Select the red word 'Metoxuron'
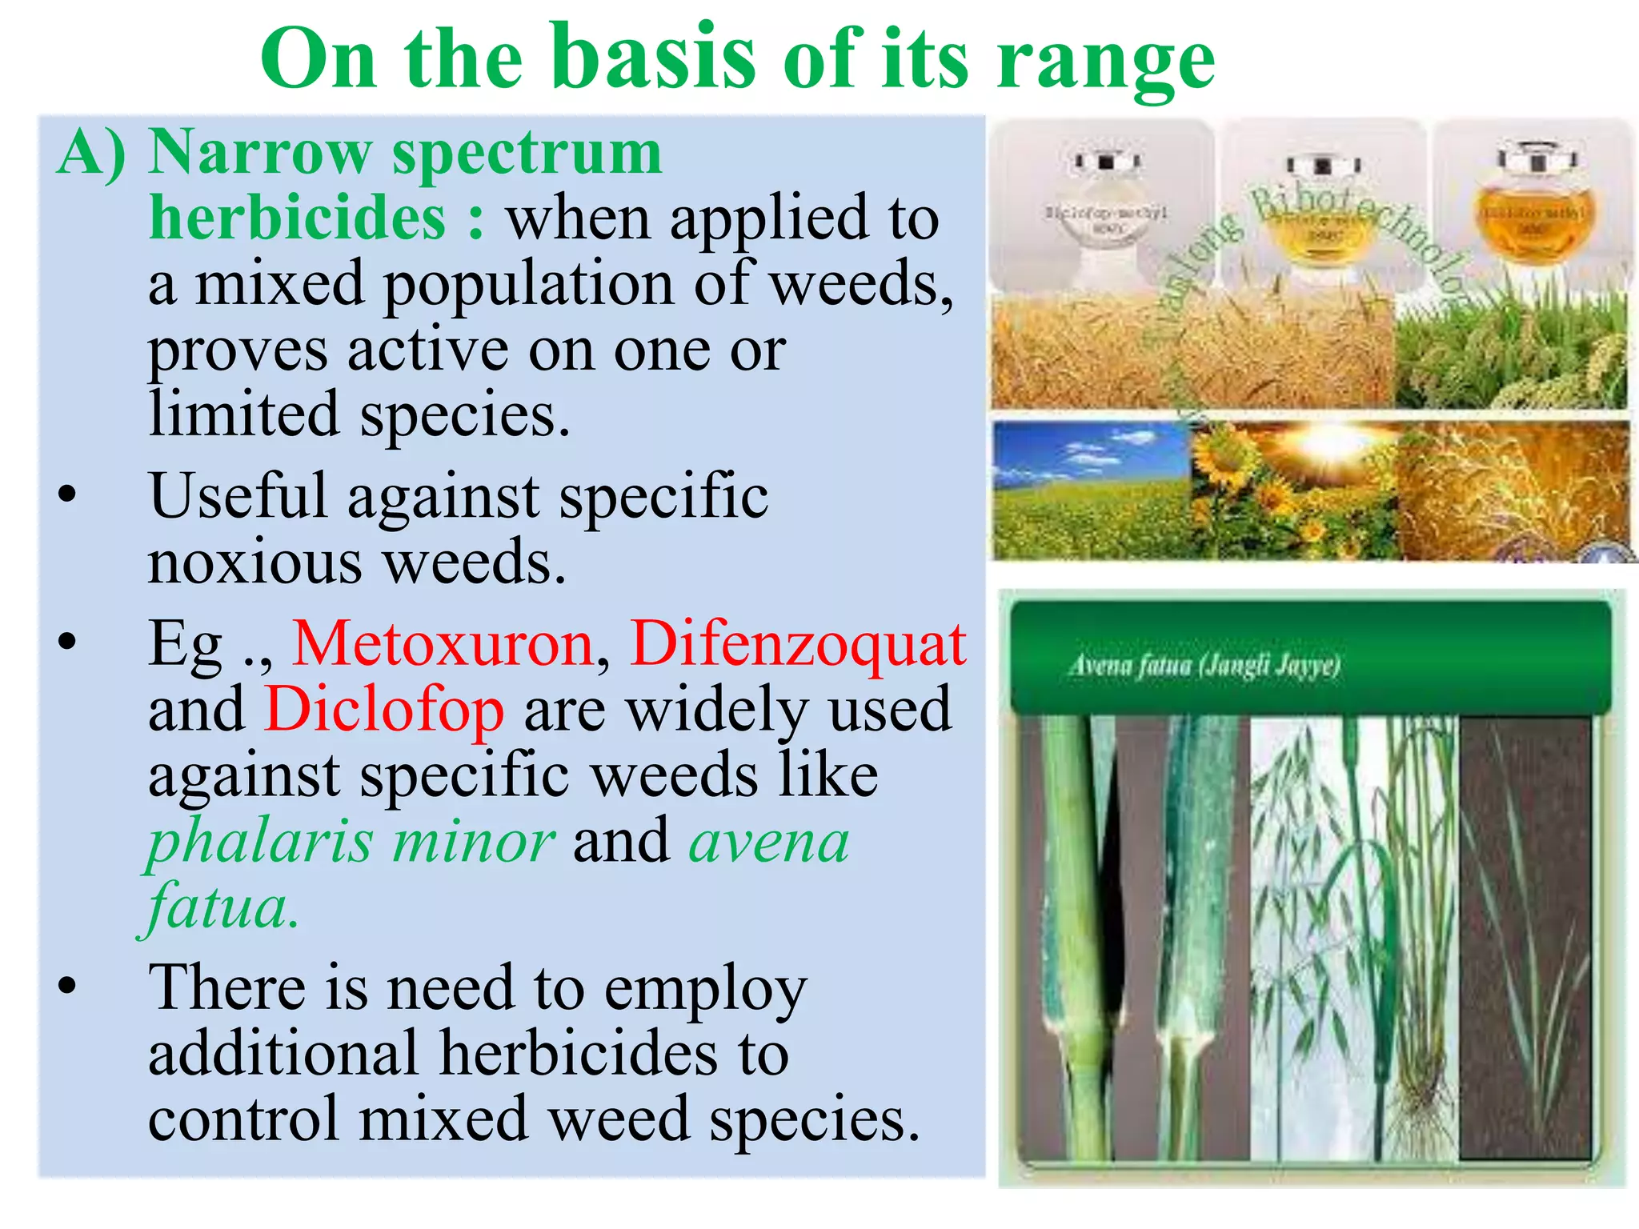(x=443, y=644)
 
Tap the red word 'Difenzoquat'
(x=798, y=644)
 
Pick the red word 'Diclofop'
(x=384, y=711)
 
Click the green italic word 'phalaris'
(x=260, y=842)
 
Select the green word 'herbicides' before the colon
(x=297, y=218)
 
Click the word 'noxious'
(x=254, y=562)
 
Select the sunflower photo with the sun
(x=1292, y=490)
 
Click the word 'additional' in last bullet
(x=284, y=1054)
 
